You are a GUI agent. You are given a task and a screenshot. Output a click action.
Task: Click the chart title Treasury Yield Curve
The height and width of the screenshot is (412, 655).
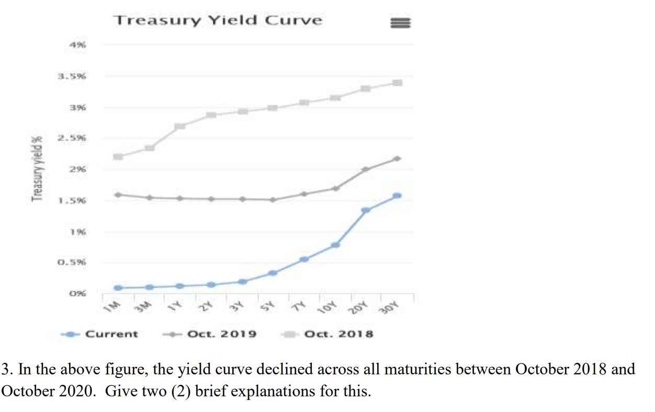point(218,20)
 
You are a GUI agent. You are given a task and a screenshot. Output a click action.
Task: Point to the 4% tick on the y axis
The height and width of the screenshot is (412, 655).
point(78,45)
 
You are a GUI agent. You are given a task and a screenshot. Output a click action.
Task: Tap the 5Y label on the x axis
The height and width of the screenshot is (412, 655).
point(272,305)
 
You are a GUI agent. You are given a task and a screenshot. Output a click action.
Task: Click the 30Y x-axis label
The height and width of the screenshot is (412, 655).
point(390,308)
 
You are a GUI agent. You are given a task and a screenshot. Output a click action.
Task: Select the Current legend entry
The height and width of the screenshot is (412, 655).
point(111,334)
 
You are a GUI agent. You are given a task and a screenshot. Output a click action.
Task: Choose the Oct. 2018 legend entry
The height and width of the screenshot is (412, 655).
point(339,334)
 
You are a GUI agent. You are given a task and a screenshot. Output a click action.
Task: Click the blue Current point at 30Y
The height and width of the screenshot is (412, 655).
point(397,196)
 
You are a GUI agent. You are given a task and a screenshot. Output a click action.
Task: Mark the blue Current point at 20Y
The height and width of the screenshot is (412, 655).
point(366,210)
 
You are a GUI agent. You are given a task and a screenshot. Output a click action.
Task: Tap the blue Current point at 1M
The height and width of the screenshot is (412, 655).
point(118,288)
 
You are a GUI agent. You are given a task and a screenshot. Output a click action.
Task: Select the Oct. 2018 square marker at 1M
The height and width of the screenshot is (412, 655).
point(118,156)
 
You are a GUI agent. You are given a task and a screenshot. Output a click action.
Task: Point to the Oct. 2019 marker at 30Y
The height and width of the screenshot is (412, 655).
point(397,158)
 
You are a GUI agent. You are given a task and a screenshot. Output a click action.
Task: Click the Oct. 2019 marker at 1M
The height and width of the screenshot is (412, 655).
point(118,194)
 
